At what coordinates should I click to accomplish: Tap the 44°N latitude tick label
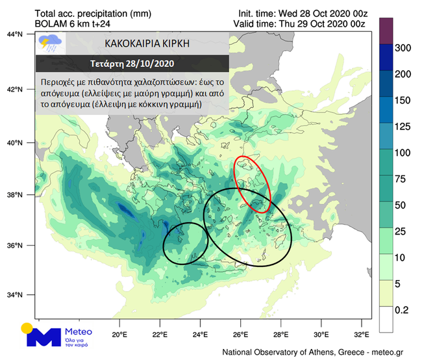click(16, 34)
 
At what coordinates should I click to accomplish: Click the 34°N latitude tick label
click(16, 294)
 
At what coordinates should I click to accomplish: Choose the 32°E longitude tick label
click(362, 335)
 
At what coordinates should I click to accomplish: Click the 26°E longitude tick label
click(240, 335)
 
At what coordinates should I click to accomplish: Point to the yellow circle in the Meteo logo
click(27, 328)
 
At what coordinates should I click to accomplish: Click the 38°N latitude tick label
click(16, 194)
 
